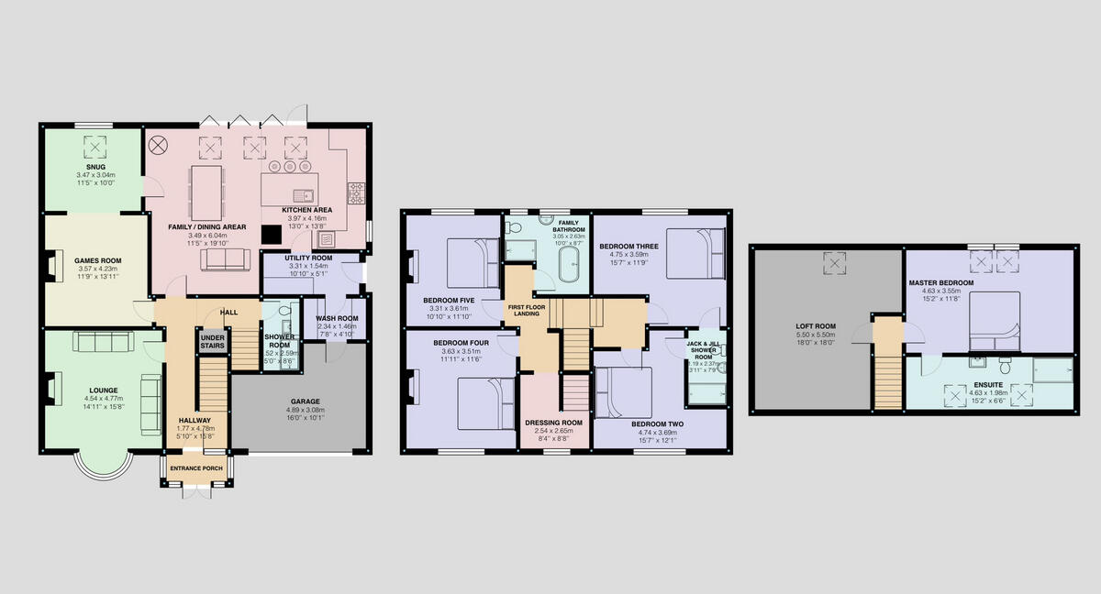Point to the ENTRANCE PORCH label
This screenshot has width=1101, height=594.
click(196, 468)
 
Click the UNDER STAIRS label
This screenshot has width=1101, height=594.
click(212, 342)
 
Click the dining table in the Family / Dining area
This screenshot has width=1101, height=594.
click(207, 192)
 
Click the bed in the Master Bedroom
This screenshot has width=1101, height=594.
click(995, 321)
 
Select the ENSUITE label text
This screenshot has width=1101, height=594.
click(988, 372)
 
